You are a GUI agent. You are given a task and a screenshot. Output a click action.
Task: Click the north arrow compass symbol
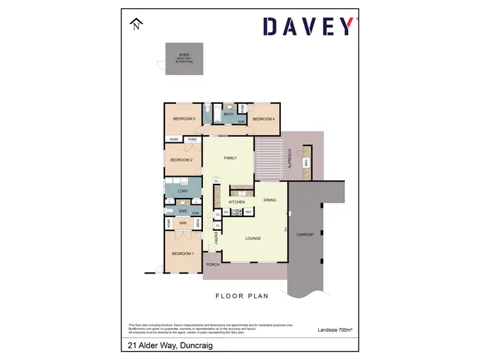(136, 25)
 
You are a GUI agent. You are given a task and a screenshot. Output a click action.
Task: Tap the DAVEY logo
(308, 26)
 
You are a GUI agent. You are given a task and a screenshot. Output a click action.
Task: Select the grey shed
(184, 59)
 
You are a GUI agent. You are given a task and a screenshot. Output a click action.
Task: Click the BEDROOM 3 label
(184, 119)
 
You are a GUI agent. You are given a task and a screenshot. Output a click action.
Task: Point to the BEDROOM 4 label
(263, 119)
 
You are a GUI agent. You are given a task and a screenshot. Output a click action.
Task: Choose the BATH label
(228, 114)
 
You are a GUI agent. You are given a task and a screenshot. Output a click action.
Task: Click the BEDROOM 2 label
(181, 160)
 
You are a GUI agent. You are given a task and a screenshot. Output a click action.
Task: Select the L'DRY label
(181, 191)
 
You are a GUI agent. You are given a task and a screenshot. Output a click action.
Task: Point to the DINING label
(269, 200)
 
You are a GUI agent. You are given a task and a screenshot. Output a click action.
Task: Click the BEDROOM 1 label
(182, 254)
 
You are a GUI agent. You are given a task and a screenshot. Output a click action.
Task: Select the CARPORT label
(305, 235)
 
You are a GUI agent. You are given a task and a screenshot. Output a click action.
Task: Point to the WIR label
(182, 223)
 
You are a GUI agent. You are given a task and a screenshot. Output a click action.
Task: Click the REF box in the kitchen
(248, 212)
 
